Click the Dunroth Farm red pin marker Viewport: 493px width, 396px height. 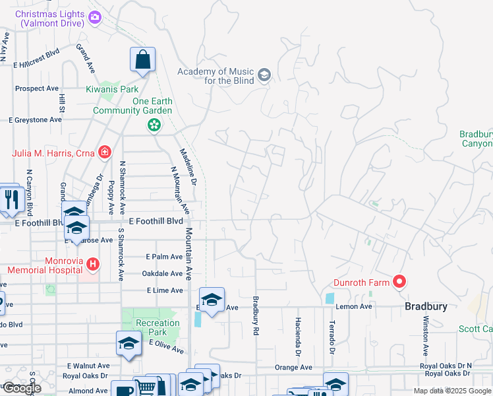coord(399,282)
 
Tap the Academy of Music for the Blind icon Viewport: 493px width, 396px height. coord(264,75)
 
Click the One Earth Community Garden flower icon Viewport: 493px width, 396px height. coord(154,124)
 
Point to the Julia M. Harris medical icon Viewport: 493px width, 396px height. coord(104,153)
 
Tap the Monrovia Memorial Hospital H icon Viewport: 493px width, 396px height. coord(93,265)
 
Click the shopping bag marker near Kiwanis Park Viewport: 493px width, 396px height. coord(142,61)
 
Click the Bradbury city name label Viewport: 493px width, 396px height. coord(426,307)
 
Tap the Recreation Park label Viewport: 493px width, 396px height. coord(158,327)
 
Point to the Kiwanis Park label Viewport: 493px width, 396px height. coord(112,89)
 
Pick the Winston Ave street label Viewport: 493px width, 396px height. coord(426,335)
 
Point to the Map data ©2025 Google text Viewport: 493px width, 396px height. coord(452,391)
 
